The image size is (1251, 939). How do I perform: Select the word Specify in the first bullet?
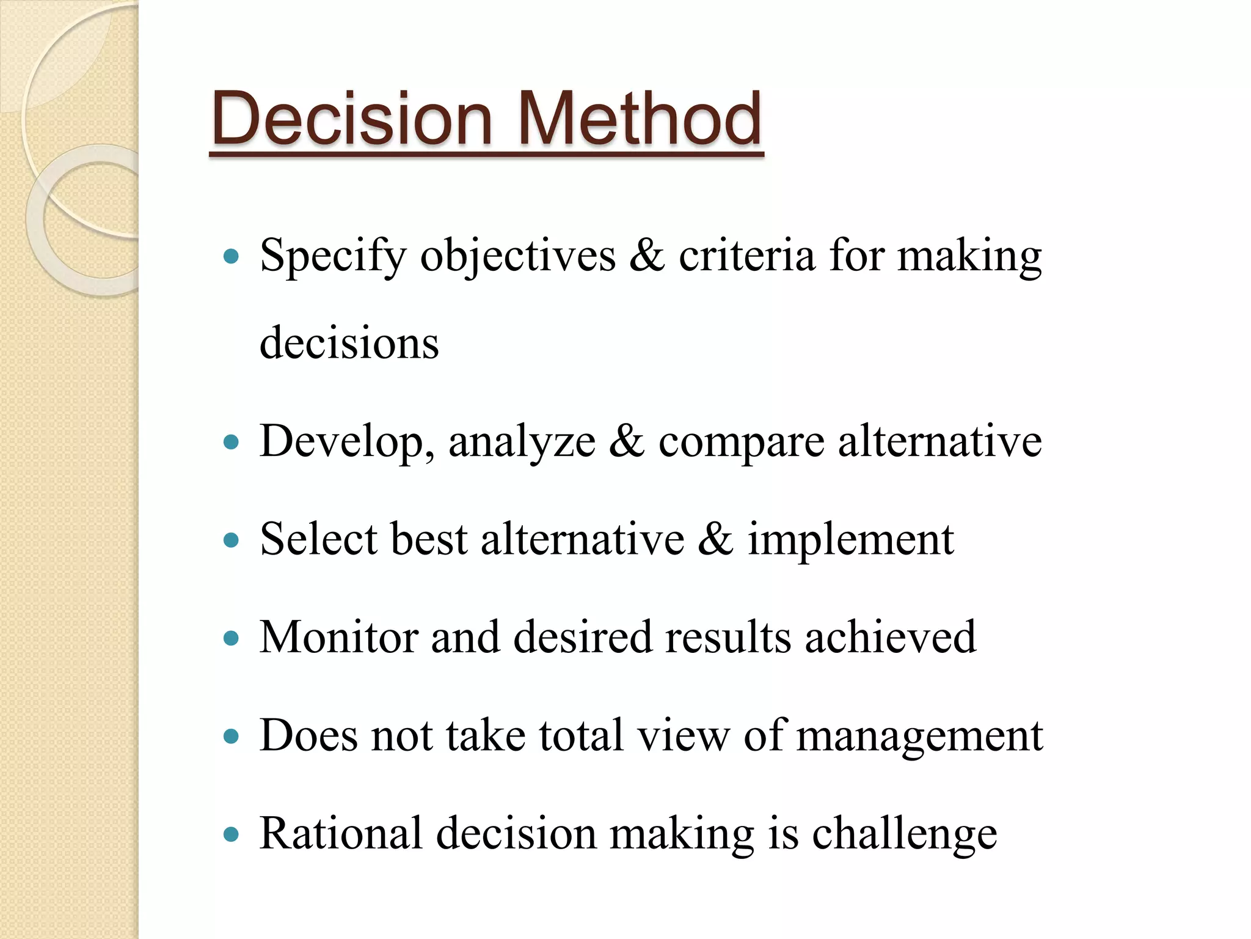(333, 256)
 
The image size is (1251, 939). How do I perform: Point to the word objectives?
(518, 256)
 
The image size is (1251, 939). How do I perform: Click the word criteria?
(746, 256)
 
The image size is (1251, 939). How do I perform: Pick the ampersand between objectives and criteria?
(647, 256)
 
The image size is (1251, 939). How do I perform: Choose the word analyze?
(522, 441)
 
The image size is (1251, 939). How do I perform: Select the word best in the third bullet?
(429, 539)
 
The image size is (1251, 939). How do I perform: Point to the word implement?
(850, 540)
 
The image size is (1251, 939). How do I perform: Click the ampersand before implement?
(715, 539)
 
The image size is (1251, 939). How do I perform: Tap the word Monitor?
(339, 637)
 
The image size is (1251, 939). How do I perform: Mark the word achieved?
(890, 637)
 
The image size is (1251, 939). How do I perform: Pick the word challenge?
(904, 834)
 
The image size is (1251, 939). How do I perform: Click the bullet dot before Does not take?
(231, 736)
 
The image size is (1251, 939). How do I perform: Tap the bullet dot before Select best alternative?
(231, 540)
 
